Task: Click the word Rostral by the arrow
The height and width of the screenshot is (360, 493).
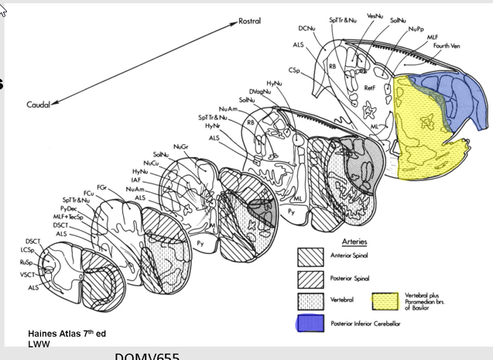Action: pos(249,21)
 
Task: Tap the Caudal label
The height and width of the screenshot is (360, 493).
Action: pos(38,105)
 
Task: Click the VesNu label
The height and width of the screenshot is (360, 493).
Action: pos(375,16)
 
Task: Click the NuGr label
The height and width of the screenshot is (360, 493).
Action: pos(180,146)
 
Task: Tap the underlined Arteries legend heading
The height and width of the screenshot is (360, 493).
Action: pos(342,241)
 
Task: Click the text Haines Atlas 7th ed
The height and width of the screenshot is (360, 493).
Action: pos(66,333)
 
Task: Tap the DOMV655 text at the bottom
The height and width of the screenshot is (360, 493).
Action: pos(146,356)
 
